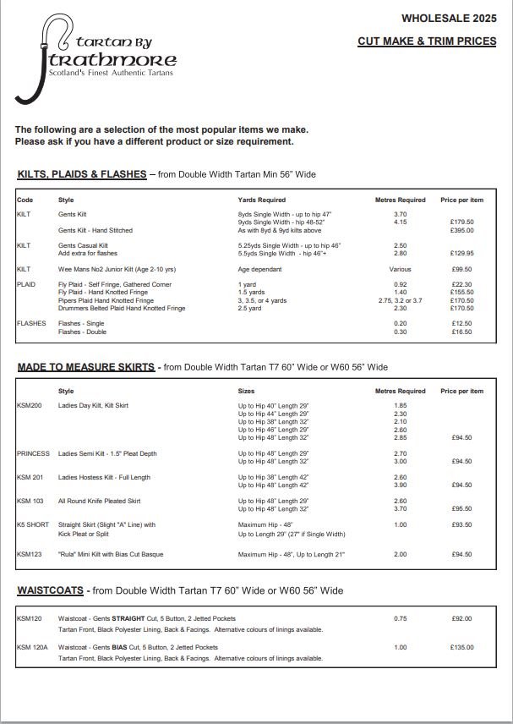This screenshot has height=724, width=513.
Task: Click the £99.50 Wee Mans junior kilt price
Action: pyautogui.click(x=461, y=269)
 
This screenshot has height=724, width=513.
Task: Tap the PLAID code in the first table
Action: pyautogui.click(x=25, y=284)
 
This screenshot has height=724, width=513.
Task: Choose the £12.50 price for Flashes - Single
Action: pyautogui.click(x=461, y=324)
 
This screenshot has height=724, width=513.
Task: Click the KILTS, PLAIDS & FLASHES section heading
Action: pyautogui.click(x=82, y=174)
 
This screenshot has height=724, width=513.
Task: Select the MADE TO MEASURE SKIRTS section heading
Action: pyautogui.click(x=86, y=367)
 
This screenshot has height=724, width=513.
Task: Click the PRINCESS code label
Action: pyautogui.click(x=33, y=453)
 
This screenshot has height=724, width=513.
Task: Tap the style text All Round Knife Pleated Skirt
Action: pyautogui.click(x=99, y=501)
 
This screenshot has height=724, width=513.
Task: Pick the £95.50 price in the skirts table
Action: pyautogui.click(x=461, y=508)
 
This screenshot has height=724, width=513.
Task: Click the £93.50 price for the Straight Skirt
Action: pyautogui.click(x=461, y=524)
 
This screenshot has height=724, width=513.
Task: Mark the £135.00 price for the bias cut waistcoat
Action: pyautogui.click(x=461, y=647)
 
